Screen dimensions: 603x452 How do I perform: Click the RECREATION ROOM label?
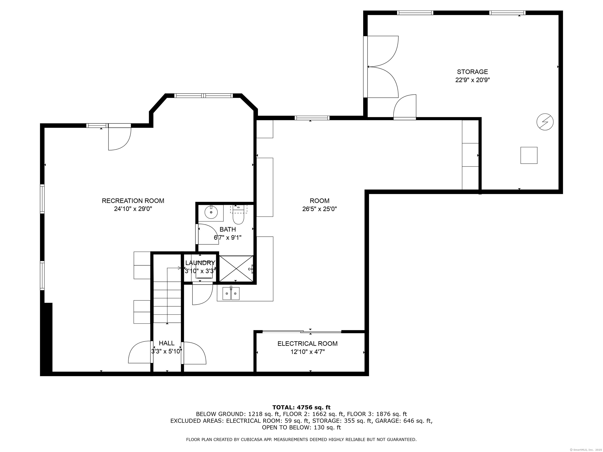133,201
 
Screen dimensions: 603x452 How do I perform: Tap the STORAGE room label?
472,72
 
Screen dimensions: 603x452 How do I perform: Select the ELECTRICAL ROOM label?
308,344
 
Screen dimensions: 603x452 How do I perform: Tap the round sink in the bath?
211,212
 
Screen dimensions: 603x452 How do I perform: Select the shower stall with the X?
236,268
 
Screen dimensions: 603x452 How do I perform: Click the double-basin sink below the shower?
231,293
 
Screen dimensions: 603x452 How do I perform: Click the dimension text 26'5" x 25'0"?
320,209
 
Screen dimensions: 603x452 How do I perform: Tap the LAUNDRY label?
200,263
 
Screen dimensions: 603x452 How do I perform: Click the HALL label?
167,343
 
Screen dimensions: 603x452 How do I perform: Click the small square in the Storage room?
529,155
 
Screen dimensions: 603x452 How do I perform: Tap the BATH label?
228,229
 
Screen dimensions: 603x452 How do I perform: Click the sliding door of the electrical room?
302,332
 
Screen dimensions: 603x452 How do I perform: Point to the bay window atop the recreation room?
204,96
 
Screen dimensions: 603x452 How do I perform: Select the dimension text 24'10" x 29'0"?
133,209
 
